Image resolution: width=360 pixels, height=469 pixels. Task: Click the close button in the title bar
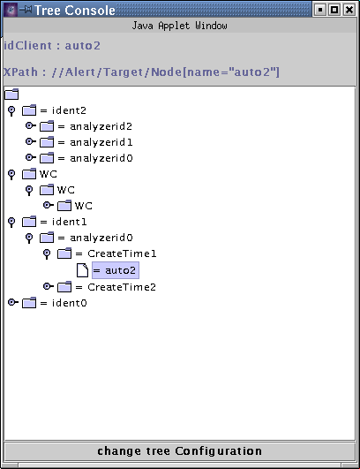349,10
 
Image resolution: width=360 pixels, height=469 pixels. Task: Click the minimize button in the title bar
320,10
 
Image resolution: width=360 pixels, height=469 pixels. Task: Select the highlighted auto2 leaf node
116,270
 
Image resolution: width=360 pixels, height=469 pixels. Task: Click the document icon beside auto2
82,270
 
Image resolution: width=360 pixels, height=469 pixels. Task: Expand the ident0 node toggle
12,302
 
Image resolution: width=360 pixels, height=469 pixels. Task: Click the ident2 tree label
63,110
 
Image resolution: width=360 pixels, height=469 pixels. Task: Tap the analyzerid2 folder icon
47,126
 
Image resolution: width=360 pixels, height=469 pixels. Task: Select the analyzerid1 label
95,142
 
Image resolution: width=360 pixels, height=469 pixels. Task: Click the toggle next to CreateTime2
49,286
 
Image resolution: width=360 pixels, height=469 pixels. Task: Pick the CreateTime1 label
116,253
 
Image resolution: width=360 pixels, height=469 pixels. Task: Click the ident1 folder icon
29,222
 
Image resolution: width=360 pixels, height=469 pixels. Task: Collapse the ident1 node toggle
11,223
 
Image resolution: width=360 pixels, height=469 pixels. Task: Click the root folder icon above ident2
11,94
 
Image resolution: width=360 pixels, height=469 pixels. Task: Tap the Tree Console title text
75,11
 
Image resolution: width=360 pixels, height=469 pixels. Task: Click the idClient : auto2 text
52,46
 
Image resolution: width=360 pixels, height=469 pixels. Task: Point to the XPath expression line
141,72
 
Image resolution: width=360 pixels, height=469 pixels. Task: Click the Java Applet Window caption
179,26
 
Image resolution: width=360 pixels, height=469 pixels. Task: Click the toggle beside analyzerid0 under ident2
31,157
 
